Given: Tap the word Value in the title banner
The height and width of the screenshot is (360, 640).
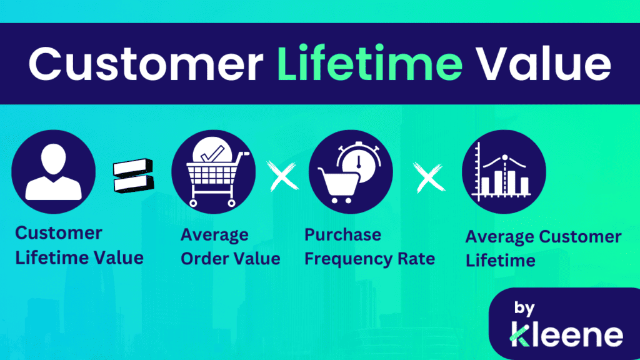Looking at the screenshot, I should pos(542,64).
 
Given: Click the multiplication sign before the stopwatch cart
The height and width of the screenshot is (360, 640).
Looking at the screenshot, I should pos(282,177).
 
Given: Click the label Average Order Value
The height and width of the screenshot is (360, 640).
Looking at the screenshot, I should pos(230,247).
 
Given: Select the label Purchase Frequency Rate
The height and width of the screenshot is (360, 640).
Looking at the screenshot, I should pos(369,247).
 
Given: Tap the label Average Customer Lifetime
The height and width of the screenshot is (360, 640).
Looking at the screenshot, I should pos(543,248).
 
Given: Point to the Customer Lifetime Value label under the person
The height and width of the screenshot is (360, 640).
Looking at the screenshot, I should pos(79,245).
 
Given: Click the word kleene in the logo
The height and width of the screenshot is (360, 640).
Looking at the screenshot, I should pos(566,335).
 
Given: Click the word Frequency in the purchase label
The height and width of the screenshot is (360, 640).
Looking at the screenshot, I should pos(345,258).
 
